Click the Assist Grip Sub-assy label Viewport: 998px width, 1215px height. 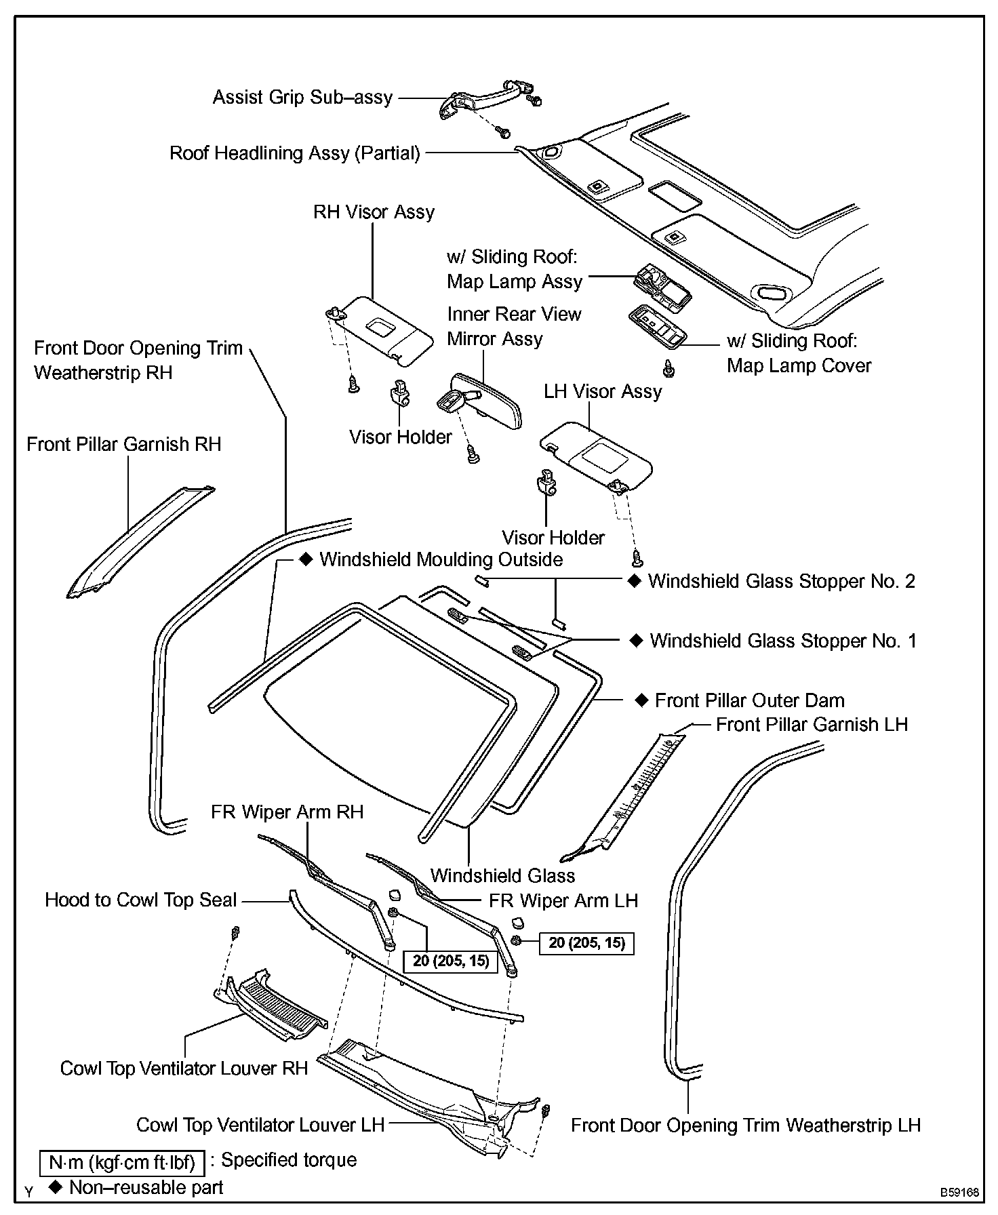[302, 98]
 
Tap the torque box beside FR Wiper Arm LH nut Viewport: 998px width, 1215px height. [586, 943]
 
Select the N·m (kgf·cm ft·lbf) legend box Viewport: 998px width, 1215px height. [122, 1163]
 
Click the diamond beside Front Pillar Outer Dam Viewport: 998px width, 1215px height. [641, 700]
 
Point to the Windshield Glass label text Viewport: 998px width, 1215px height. [502, 876]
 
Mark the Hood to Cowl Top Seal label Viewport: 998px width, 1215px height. [141, 900]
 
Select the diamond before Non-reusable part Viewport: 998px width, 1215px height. [56, 1187]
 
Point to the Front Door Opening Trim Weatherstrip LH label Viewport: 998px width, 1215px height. [746, 1126]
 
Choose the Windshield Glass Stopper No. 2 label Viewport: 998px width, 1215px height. [781, 582]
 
